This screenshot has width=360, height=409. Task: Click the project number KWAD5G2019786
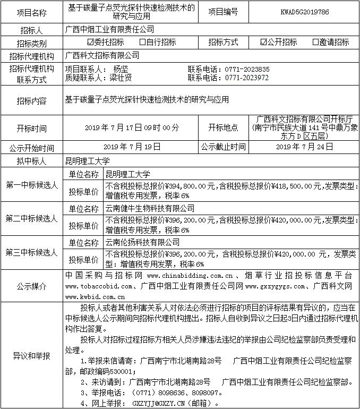pyautogui.click(x=299, y=11)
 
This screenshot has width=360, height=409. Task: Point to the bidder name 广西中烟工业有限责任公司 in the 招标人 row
pyautogui.click(x=109, y=29)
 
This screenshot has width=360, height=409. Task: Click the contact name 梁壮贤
pyautogui.click(x=123, y=78)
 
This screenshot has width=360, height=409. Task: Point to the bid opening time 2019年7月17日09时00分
pyautogui.click(x=132, y=128)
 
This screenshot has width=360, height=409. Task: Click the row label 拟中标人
pyautogui.click(x=31, y=161)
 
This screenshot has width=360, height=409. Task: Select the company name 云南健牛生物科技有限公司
pyautogui.click(x=150, y=208)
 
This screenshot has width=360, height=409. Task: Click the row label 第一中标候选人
pyautogui.click(x=31, y=184)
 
